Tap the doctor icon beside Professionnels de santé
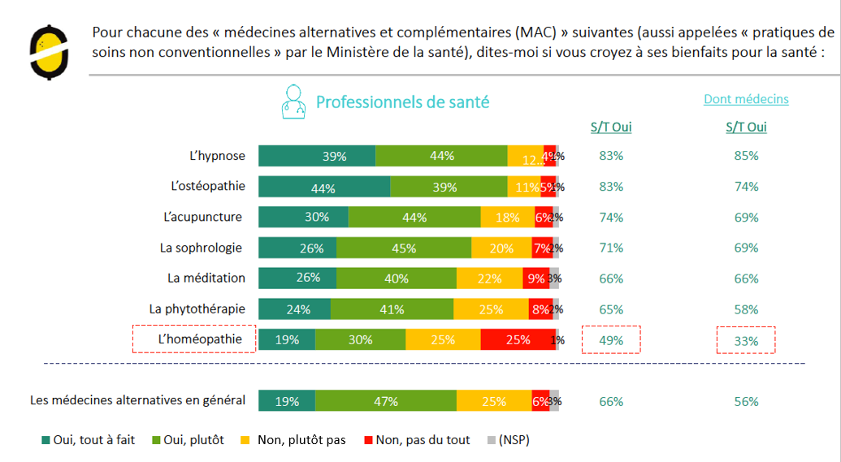pos(293,102)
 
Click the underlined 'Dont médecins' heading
pos(746,99)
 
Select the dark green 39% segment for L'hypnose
pos(317,156)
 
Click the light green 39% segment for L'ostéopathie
pos(449,187)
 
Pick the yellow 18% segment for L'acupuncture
pos(507,217)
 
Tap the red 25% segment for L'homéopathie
pos(518,339)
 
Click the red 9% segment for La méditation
pos(535,278)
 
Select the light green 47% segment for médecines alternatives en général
pos(386,401)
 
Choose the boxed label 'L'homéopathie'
pos(194,339)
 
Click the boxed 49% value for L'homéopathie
pos(611,340)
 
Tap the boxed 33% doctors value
pos(746,341)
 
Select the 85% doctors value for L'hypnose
pos(746,156)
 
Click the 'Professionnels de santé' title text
pos(402,102)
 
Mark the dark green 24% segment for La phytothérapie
pos(295,309)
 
